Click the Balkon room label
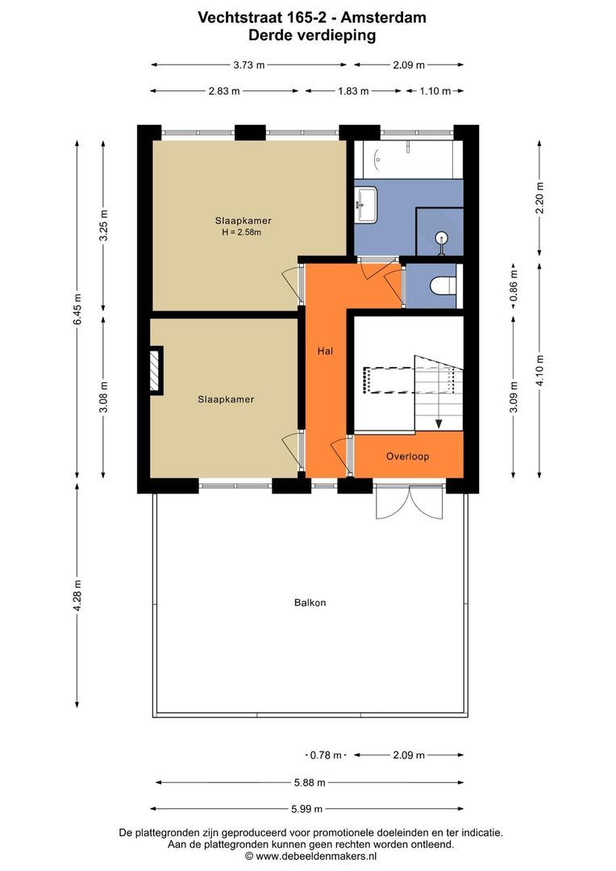click(x=310, y=602)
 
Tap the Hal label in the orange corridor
click(x=325, y=351)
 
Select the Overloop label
click(x=408, y=456)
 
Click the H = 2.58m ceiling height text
click(x=242, y=232)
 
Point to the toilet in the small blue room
click(x=443, y=285)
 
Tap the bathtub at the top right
click(x=408, y=160)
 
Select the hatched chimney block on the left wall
click(x=156, y=370)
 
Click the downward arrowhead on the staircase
click(x=439, y=424)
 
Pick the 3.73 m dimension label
click(x=249, y=65)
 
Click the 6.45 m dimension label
click(x=77, y=309)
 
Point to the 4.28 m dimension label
click(x=77, y=595)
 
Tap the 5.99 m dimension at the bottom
click(x=306, y=809)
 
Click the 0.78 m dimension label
click(x=326, y=755)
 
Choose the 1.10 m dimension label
click(x=435, y=91)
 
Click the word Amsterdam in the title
click(x=383, y=17)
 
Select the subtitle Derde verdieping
click(x=312, y=35)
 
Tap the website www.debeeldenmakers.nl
click(x=316, y=856)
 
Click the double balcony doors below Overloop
click(x=410, y=502)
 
